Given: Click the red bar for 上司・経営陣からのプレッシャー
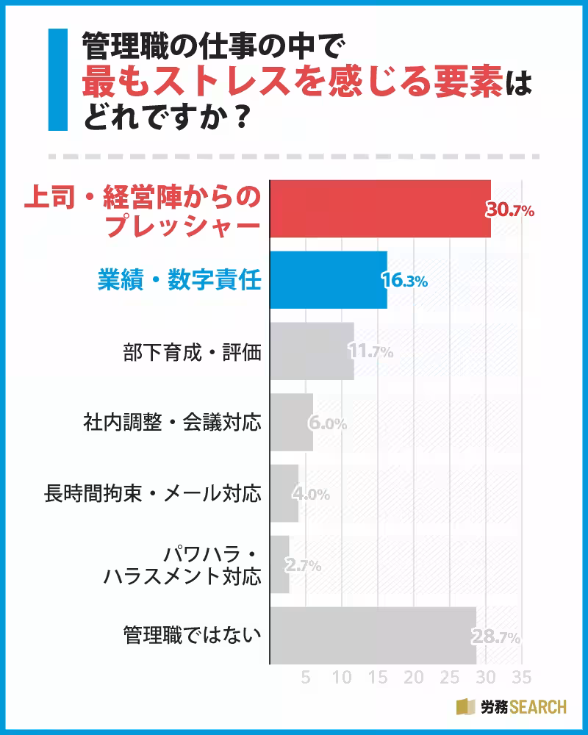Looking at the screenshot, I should coord(380,209).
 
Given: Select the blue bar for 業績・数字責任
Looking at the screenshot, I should coord(328,280).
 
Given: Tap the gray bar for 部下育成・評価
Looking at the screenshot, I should coord(312,351).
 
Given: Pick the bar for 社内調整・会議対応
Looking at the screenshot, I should coord(291,423).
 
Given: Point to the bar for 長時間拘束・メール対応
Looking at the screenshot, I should coord(284,493).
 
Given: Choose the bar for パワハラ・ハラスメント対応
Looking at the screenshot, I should coord(279,564).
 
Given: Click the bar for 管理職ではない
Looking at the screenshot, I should coord(373,636).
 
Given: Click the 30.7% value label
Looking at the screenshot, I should coord(510,210).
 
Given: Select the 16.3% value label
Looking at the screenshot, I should coord(405,281).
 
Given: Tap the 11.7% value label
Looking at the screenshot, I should coord(371,352).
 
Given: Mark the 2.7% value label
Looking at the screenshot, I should coord(302,566).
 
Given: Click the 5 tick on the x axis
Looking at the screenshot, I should coord(306,677).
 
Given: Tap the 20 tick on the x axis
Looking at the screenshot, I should coord(414,677).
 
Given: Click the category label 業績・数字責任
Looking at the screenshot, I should coord(180,280).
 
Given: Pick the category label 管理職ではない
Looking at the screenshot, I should coord(192,636).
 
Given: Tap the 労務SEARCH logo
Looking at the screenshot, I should coord(512,707).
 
